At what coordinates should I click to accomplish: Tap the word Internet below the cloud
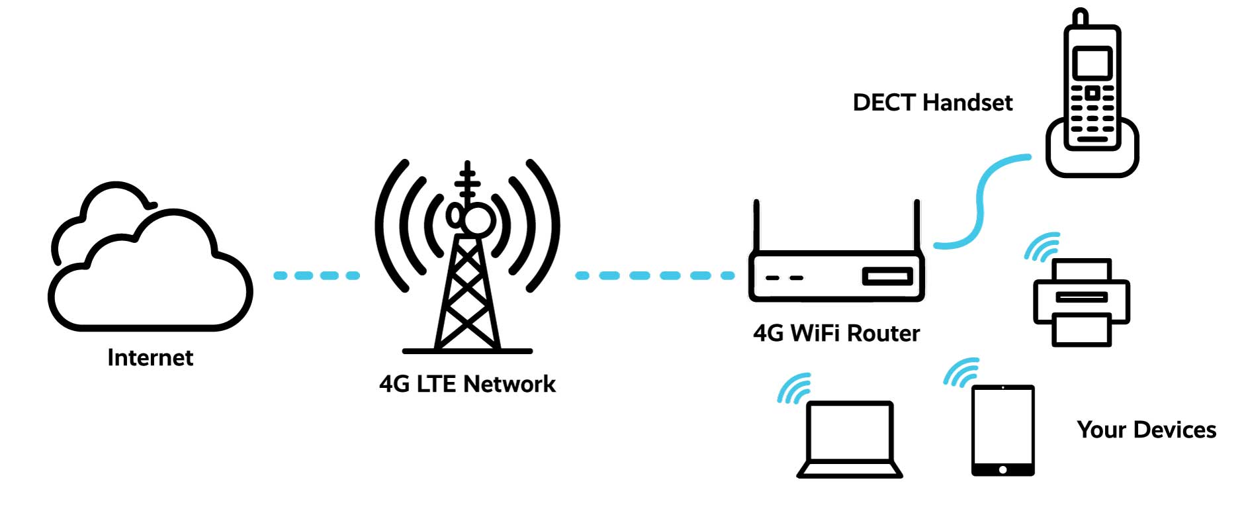(x=150, y=357)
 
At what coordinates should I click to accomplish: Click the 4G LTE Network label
(x=467, y=384)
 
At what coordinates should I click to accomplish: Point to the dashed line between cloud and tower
(x=316, y=275)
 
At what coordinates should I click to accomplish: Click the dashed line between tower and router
(x=654, y=275)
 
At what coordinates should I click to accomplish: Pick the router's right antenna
(x=916, y=226)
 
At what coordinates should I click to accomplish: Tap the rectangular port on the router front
(x=887, y=277)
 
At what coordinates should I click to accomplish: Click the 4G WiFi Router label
(x=836, y=333)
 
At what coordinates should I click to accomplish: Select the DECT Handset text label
(x=932, y=103)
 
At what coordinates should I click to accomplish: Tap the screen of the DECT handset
(x=1092, y=64)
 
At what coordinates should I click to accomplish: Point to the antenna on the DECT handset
(x=1080, y=18)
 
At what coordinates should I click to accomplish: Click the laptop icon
(x=850, y=440)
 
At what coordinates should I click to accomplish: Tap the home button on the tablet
(x=1002, y=469)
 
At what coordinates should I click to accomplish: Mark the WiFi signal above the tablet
(x=961, y=373)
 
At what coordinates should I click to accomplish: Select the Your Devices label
(x=1147, y=430)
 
